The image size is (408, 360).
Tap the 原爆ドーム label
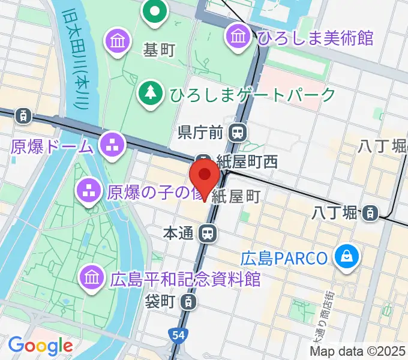53,146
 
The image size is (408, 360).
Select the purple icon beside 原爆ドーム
111,144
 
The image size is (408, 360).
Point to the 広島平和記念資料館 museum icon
91,277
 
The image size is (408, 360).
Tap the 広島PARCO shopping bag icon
347,258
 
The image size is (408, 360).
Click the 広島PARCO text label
284,259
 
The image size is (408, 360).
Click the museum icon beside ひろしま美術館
238,35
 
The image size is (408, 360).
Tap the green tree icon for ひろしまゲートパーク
148,94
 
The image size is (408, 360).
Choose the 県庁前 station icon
239,131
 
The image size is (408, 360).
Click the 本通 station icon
208,233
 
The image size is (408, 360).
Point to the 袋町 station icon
188,301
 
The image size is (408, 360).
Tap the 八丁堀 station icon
370,212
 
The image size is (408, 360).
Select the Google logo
40,345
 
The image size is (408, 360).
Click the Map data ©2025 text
358,351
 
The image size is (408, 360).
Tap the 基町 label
158,50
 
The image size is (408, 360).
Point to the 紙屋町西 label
248,162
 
